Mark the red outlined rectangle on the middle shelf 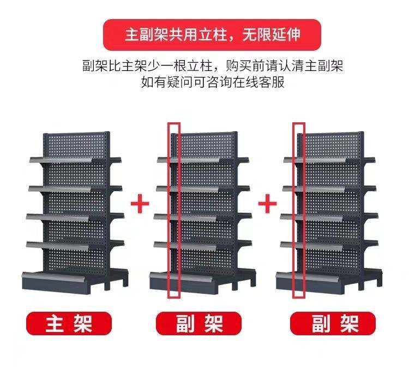point(173,211)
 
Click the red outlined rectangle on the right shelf point(299,211)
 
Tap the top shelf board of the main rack point(74,159)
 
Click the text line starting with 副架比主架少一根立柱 point(212,67)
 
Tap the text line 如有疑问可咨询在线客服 point(212,83)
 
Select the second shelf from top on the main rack point(74,188)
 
